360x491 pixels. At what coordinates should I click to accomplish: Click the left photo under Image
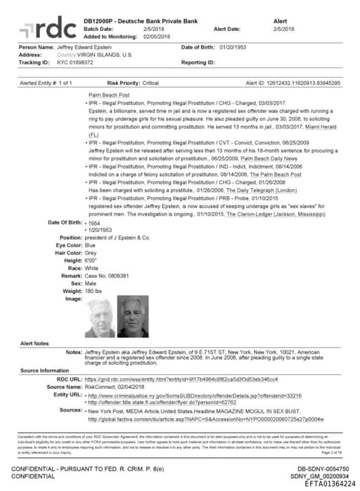coord(99,317)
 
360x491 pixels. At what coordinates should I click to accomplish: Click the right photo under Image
coord(132,317)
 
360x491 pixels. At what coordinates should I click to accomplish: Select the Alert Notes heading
coord(34,343)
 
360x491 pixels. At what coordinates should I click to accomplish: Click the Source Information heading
coord(44,370)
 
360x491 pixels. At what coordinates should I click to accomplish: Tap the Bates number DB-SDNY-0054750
coord(321,467)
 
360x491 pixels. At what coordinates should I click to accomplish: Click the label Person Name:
coord(36,47)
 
